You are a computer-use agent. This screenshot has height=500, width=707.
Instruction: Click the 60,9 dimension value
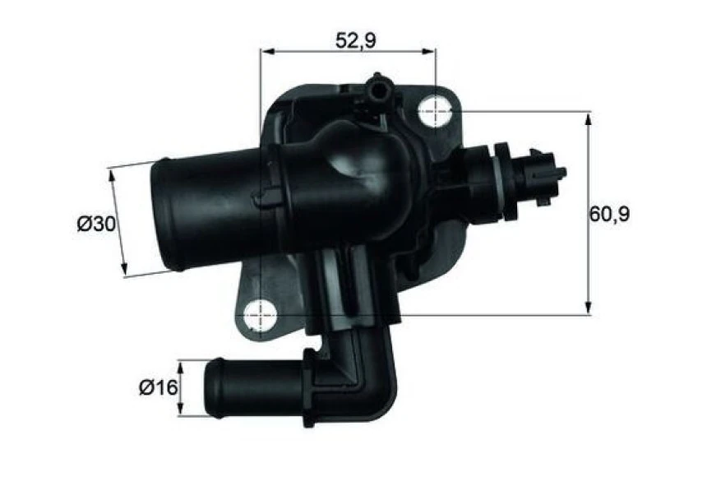coord(609,215)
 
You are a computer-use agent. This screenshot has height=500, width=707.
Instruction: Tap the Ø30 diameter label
coord(95,224)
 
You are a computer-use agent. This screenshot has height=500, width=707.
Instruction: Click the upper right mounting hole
coord(436,111)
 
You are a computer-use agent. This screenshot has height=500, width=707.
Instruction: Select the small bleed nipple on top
coord(378,87)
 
